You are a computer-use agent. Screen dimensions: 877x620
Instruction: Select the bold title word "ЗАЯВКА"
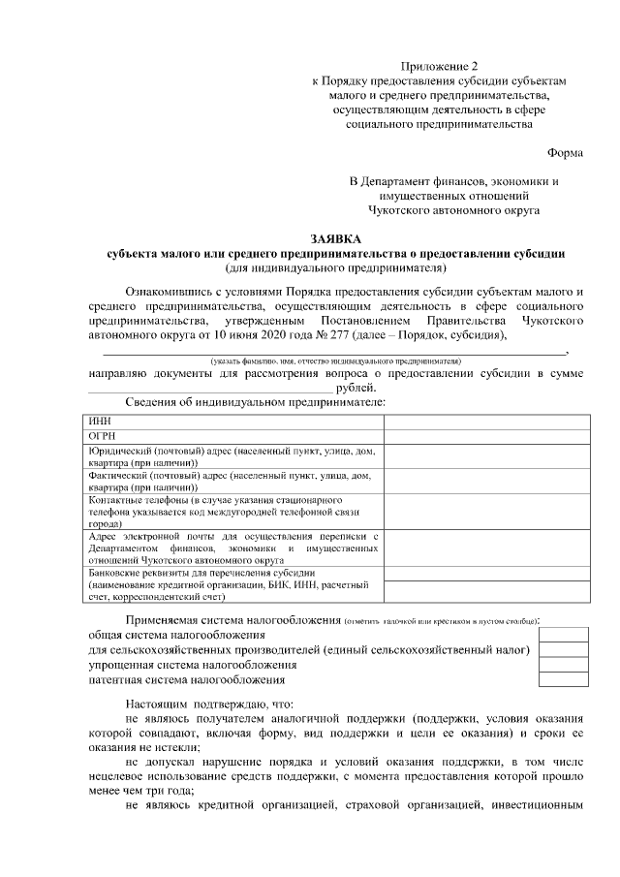[334, 238]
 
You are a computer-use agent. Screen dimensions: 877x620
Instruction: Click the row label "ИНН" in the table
[99, 422]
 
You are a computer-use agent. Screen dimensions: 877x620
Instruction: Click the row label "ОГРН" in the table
[102, 436]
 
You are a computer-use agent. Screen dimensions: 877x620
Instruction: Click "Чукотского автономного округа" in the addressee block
[453, 208]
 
